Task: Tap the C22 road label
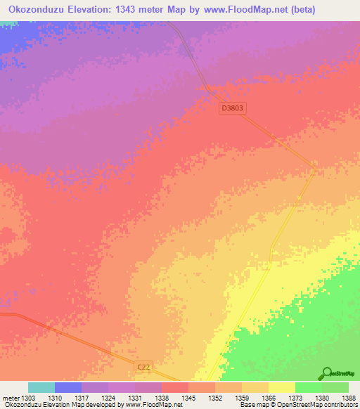(143, 367)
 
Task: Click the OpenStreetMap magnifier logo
(327, 373)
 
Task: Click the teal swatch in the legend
(41, 387)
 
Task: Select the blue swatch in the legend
(68, 387)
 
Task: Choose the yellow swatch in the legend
(282, 387)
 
